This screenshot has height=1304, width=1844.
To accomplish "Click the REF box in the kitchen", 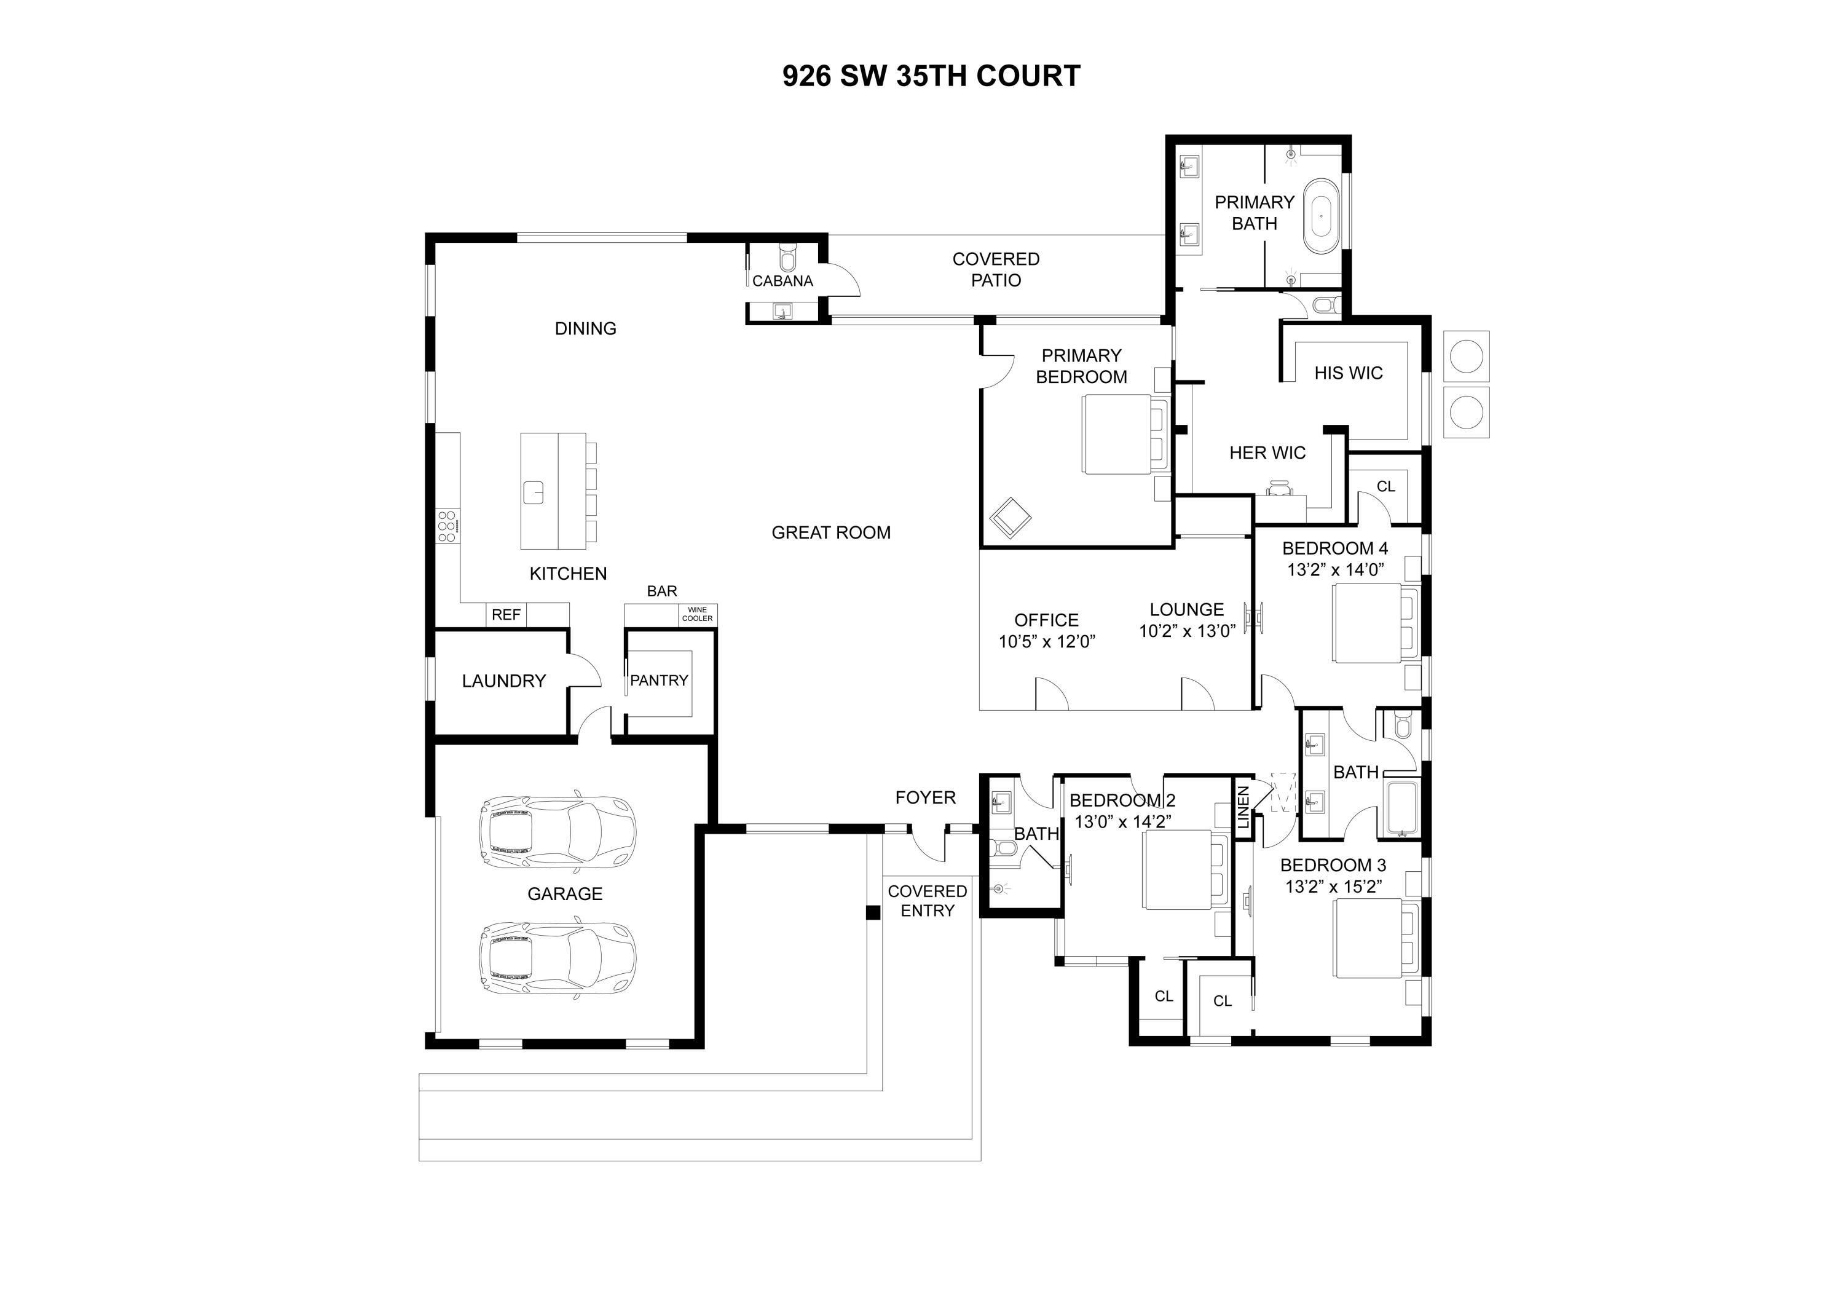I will pos(506,615).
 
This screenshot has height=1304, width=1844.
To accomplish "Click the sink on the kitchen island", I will pos(534,492).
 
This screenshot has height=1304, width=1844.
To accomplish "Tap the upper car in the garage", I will pos(558,832).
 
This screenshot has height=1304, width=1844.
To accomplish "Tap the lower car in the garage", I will pos(558,959).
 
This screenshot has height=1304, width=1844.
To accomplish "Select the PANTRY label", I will pos(658,681).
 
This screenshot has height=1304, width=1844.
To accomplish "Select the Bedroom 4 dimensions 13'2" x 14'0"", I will pos(1335,570).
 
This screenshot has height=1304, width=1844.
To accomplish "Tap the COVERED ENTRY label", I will pos(927,901).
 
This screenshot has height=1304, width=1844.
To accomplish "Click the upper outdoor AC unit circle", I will pos(1466,356).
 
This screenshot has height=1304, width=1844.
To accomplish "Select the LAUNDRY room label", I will pos(503,681).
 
